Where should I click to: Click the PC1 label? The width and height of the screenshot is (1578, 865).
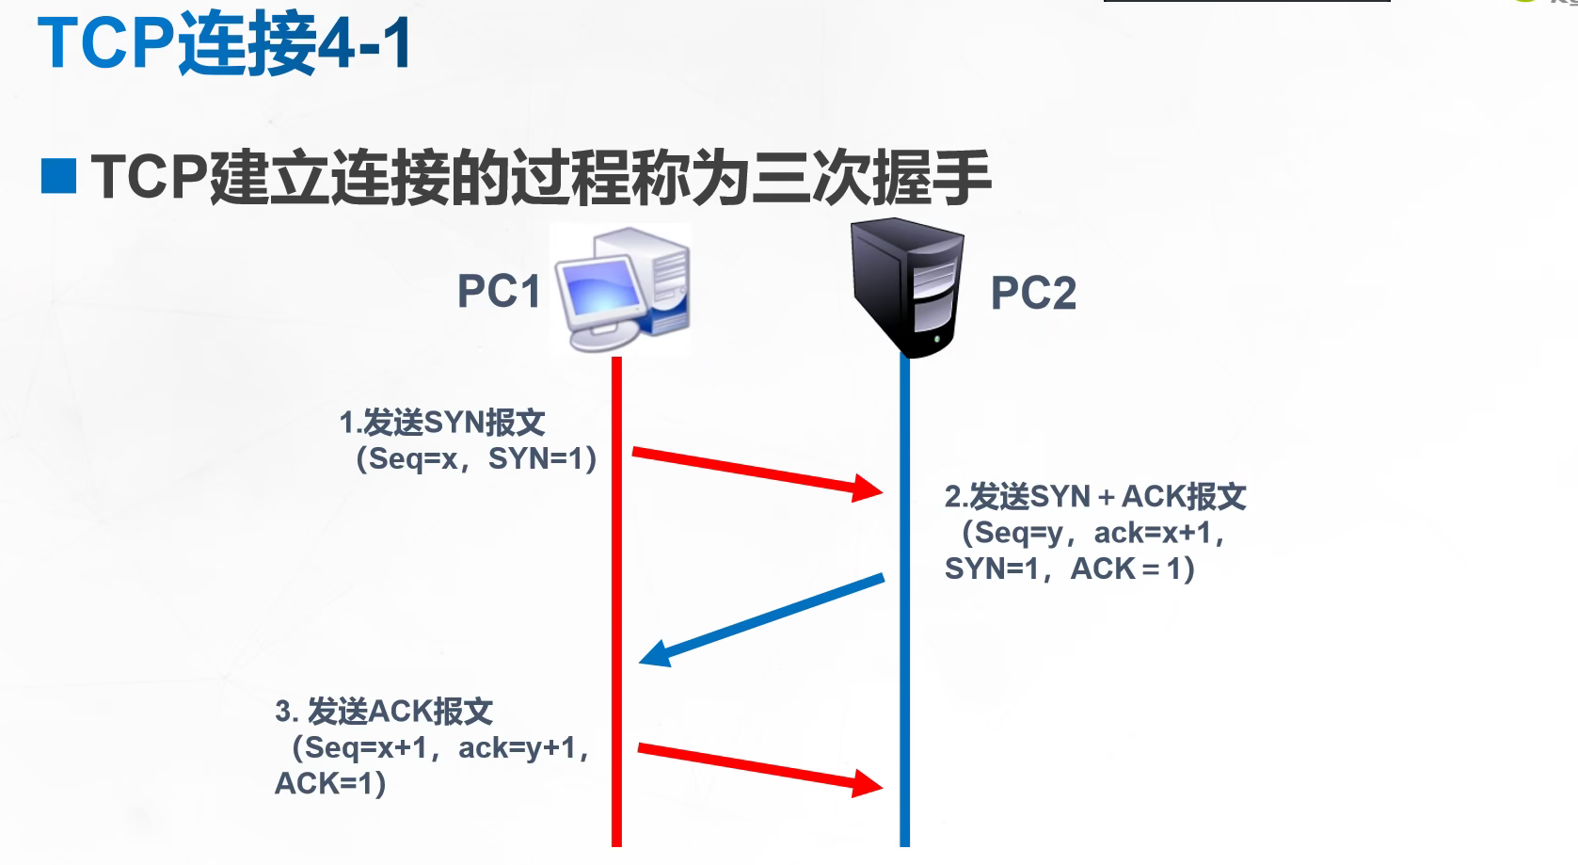pyautogui.click(x=499, y=291)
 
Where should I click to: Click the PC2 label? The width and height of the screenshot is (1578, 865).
pyautogui.click(x=1033, y=293)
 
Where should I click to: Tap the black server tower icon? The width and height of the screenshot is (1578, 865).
pyautogui.click(x=907, y=287)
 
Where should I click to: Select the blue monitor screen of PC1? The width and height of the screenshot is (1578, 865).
pyautogui.click(x=601, y=287)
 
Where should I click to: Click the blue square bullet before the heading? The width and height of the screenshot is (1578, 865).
pyautogui.click(x=58, y=176)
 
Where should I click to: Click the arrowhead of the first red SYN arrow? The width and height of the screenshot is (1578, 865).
pyautogui.click(x=868, y=488)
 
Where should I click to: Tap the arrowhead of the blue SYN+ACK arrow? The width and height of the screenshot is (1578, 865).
pyautogui.click(x=655, y=653)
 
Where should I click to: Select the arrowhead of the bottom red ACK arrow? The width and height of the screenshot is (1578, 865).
pyautogui.click(x=868, y=783)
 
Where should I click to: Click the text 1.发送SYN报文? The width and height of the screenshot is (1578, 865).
pyautogui.click(x=442, y=423)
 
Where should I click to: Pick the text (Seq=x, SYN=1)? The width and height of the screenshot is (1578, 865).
pyautogui.click(x=476, y=459)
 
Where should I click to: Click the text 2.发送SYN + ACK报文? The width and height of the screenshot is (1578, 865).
pyautogui.click(x=1095, y=497)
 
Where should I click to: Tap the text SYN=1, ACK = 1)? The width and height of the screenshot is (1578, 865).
pyautogui.click(x=1070, y=569)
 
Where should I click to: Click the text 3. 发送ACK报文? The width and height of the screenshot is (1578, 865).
pyautogui.click(x=384, y=712)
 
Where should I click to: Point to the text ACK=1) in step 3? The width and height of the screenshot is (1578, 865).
pyautogui.click(x=330, y=783)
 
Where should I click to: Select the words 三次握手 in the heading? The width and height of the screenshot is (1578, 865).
pyautogui.click(x=872, y=177)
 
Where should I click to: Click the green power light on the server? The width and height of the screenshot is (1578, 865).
pyautogui.click(x=937, y=340)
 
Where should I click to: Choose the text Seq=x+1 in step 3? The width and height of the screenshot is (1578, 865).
pyautogui.click(x=366, y=748)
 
